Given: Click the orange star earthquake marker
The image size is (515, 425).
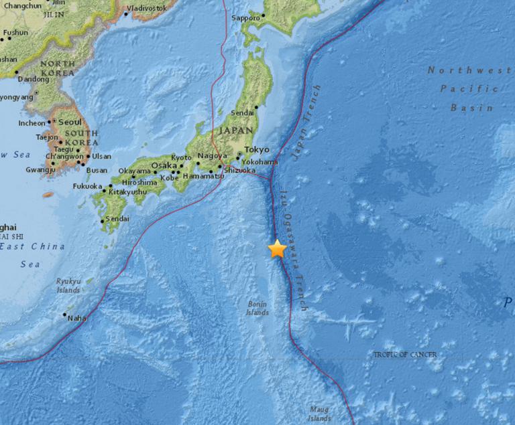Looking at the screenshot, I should click(277, 249).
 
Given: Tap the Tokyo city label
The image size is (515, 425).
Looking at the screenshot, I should click(257, 149).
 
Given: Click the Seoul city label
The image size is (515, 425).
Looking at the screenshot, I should click(70, 122).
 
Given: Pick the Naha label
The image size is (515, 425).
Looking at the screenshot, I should click(77, 318).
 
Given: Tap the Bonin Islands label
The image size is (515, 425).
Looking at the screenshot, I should click(257, 309).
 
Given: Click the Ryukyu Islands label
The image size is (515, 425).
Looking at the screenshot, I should click(68, 286).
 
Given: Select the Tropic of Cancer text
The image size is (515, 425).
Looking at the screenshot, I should click(405, 354).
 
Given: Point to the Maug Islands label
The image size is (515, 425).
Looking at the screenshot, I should click(321, 413).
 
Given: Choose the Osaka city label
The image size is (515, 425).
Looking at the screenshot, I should click(164, 165).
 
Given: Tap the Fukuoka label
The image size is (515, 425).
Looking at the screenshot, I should click(87, 186).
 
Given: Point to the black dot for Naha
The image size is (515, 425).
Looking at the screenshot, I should click(65, 315).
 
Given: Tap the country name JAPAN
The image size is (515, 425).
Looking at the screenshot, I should click(235, 131).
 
